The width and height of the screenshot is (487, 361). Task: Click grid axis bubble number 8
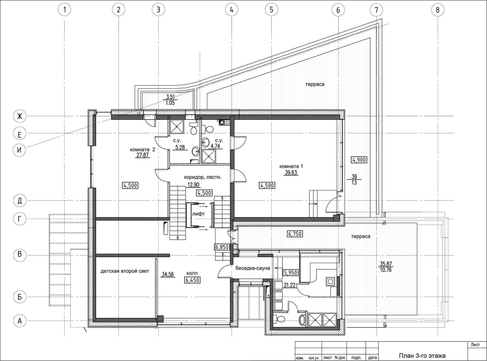(437, 10)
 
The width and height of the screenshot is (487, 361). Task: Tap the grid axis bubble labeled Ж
(19, 116)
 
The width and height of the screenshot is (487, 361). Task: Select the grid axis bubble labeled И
(19, 150)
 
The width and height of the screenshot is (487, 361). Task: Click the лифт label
(198, 214)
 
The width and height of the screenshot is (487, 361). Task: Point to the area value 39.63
(291, 173)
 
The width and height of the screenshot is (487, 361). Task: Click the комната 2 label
(143, 150)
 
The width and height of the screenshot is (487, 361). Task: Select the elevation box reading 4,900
(359, 160)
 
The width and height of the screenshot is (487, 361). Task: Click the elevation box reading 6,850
(222, 247)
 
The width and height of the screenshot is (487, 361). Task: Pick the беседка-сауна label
(253, 268)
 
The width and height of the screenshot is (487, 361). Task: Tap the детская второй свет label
(125, 271)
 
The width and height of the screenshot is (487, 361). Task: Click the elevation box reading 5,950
(291, 273)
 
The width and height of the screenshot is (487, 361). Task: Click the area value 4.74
(215, 146)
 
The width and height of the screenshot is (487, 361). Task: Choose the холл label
(192, 273)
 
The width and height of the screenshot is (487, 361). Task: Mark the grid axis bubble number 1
(64, 10)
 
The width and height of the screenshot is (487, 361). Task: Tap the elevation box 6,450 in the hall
(193, 280)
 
